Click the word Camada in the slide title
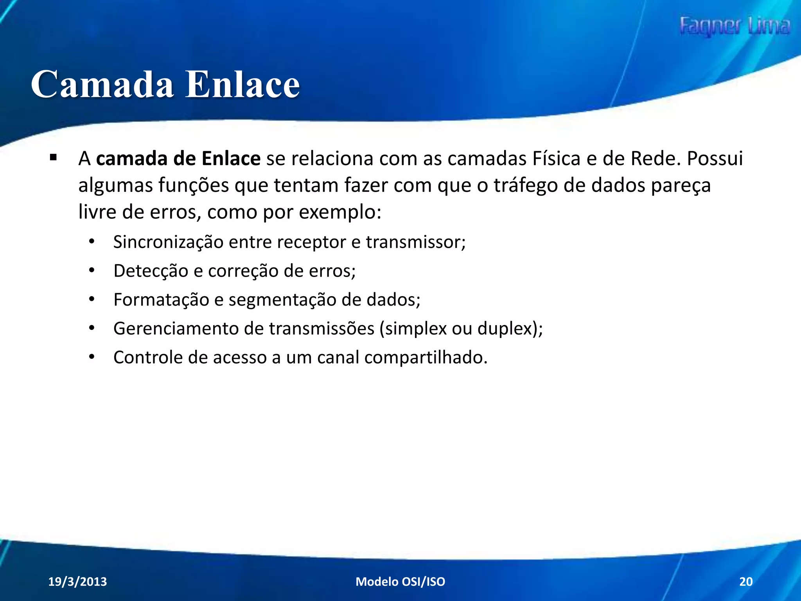(x=102, y=85)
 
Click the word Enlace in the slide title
(x=242, y=85)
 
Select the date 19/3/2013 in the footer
(x=77, y=581)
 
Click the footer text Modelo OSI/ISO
(x=400, y=581)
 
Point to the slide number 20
(x=746, y=581)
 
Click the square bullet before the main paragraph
(x=53, y=158)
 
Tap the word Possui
(x=715, y=159)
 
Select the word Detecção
(x=151, y=271)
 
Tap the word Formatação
(x=161, y=300)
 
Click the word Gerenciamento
(x=176, y=329)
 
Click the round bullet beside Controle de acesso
(x=92, y=357)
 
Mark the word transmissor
(x=415, y=242)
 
